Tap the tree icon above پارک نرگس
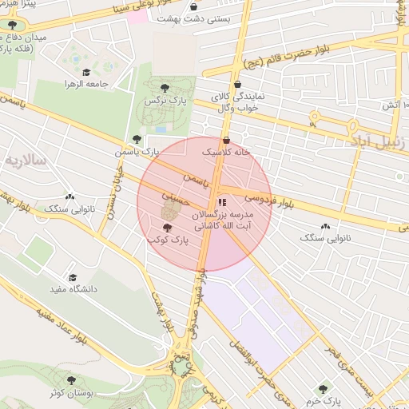pos(165,87)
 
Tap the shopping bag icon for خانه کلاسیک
pos(226,139)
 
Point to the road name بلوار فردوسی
pos(268,200)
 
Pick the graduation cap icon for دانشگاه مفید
pos(73,277)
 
